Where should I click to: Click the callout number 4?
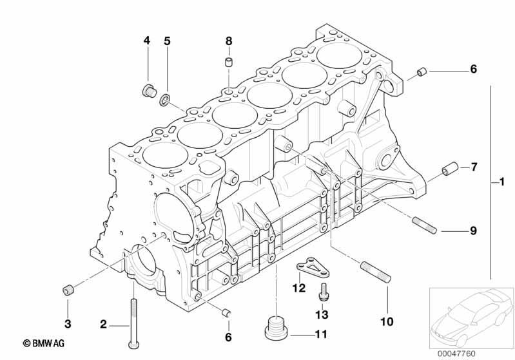[146, 41]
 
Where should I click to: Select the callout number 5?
[167, 41]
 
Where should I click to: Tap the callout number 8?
[229, 41]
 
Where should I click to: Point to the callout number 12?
[299, 288]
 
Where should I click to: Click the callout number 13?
[322, 314]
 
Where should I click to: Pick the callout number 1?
[501, 182]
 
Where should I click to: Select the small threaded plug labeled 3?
[68, 290]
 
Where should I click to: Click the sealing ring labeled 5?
[165, 99]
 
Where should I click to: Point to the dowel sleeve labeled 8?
[229, 62]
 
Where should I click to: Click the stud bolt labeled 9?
[424, 225]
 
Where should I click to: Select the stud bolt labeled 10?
[376, 272]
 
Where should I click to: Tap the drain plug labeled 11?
[277, 327]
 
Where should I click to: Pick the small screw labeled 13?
[322, 291]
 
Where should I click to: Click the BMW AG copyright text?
[44, 343]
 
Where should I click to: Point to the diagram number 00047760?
[456, 354]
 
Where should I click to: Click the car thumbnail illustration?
[471, 317]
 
